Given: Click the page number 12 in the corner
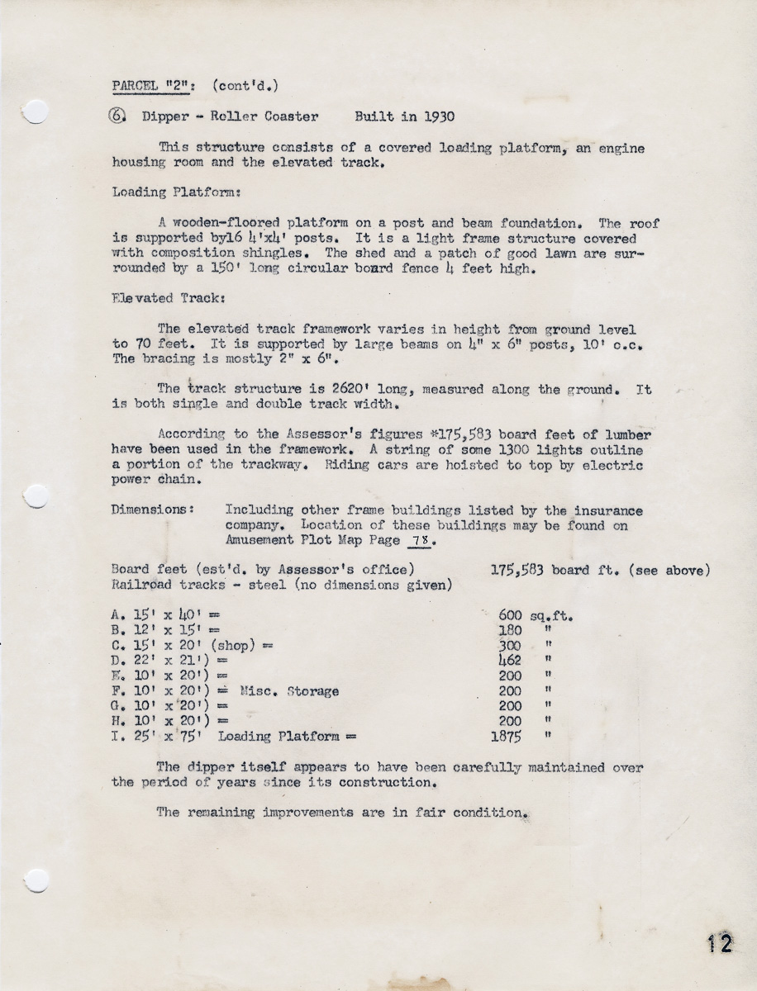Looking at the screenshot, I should (719, 944).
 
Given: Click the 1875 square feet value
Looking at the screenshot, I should (506, 736).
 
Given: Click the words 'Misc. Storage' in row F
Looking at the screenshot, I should (289, 690).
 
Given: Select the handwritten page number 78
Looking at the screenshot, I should (420, 541).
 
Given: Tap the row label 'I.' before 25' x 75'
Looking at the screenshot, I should (117, 736).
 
